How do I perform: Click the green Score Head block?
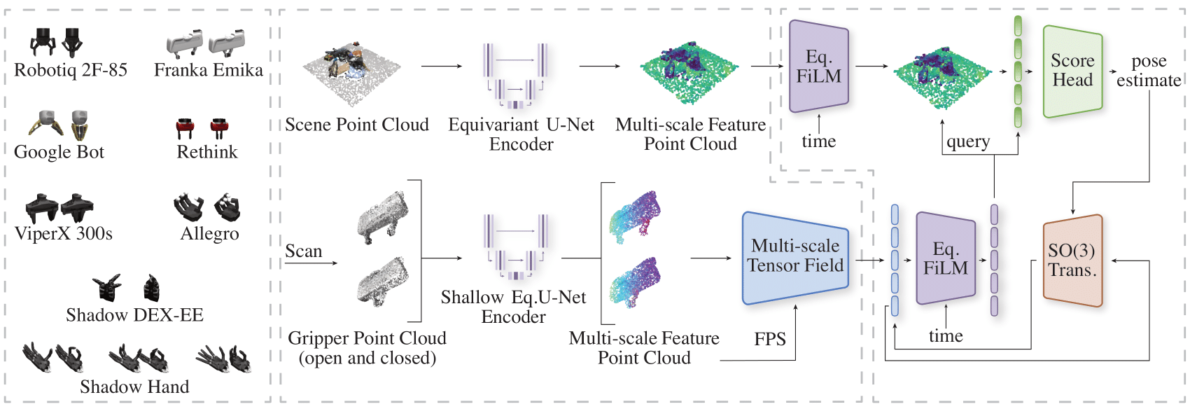(x=1072, y=71)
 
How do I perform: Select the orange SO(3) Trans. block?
(x=1072, y=261)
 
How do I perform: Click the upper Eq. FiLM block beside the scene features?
(x=818, y=67)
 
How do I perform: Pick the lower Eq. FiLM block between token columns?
(x=945, y=258)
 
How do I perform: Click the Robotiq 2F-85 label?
(x=71, y=70)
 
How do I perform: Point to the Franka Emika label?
(x=209, y=70)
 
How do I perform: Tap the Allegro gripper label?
(x=209, y=234)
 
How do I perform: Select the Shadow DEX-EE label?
(x=134, y=315)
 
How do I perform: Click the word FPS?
(x=770, y=340)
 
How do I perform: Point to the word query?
(x=968, y=142)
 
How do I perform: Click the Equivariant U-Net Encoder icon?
(x=515, y=76)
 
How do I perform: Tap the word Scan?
(x=303, y=251)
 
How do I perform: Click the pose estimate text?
(x=1149, y=71)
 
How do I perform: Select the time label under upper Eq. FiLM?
(x=818, y=141)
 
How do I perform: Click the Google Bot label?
(x=59, y=152)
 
